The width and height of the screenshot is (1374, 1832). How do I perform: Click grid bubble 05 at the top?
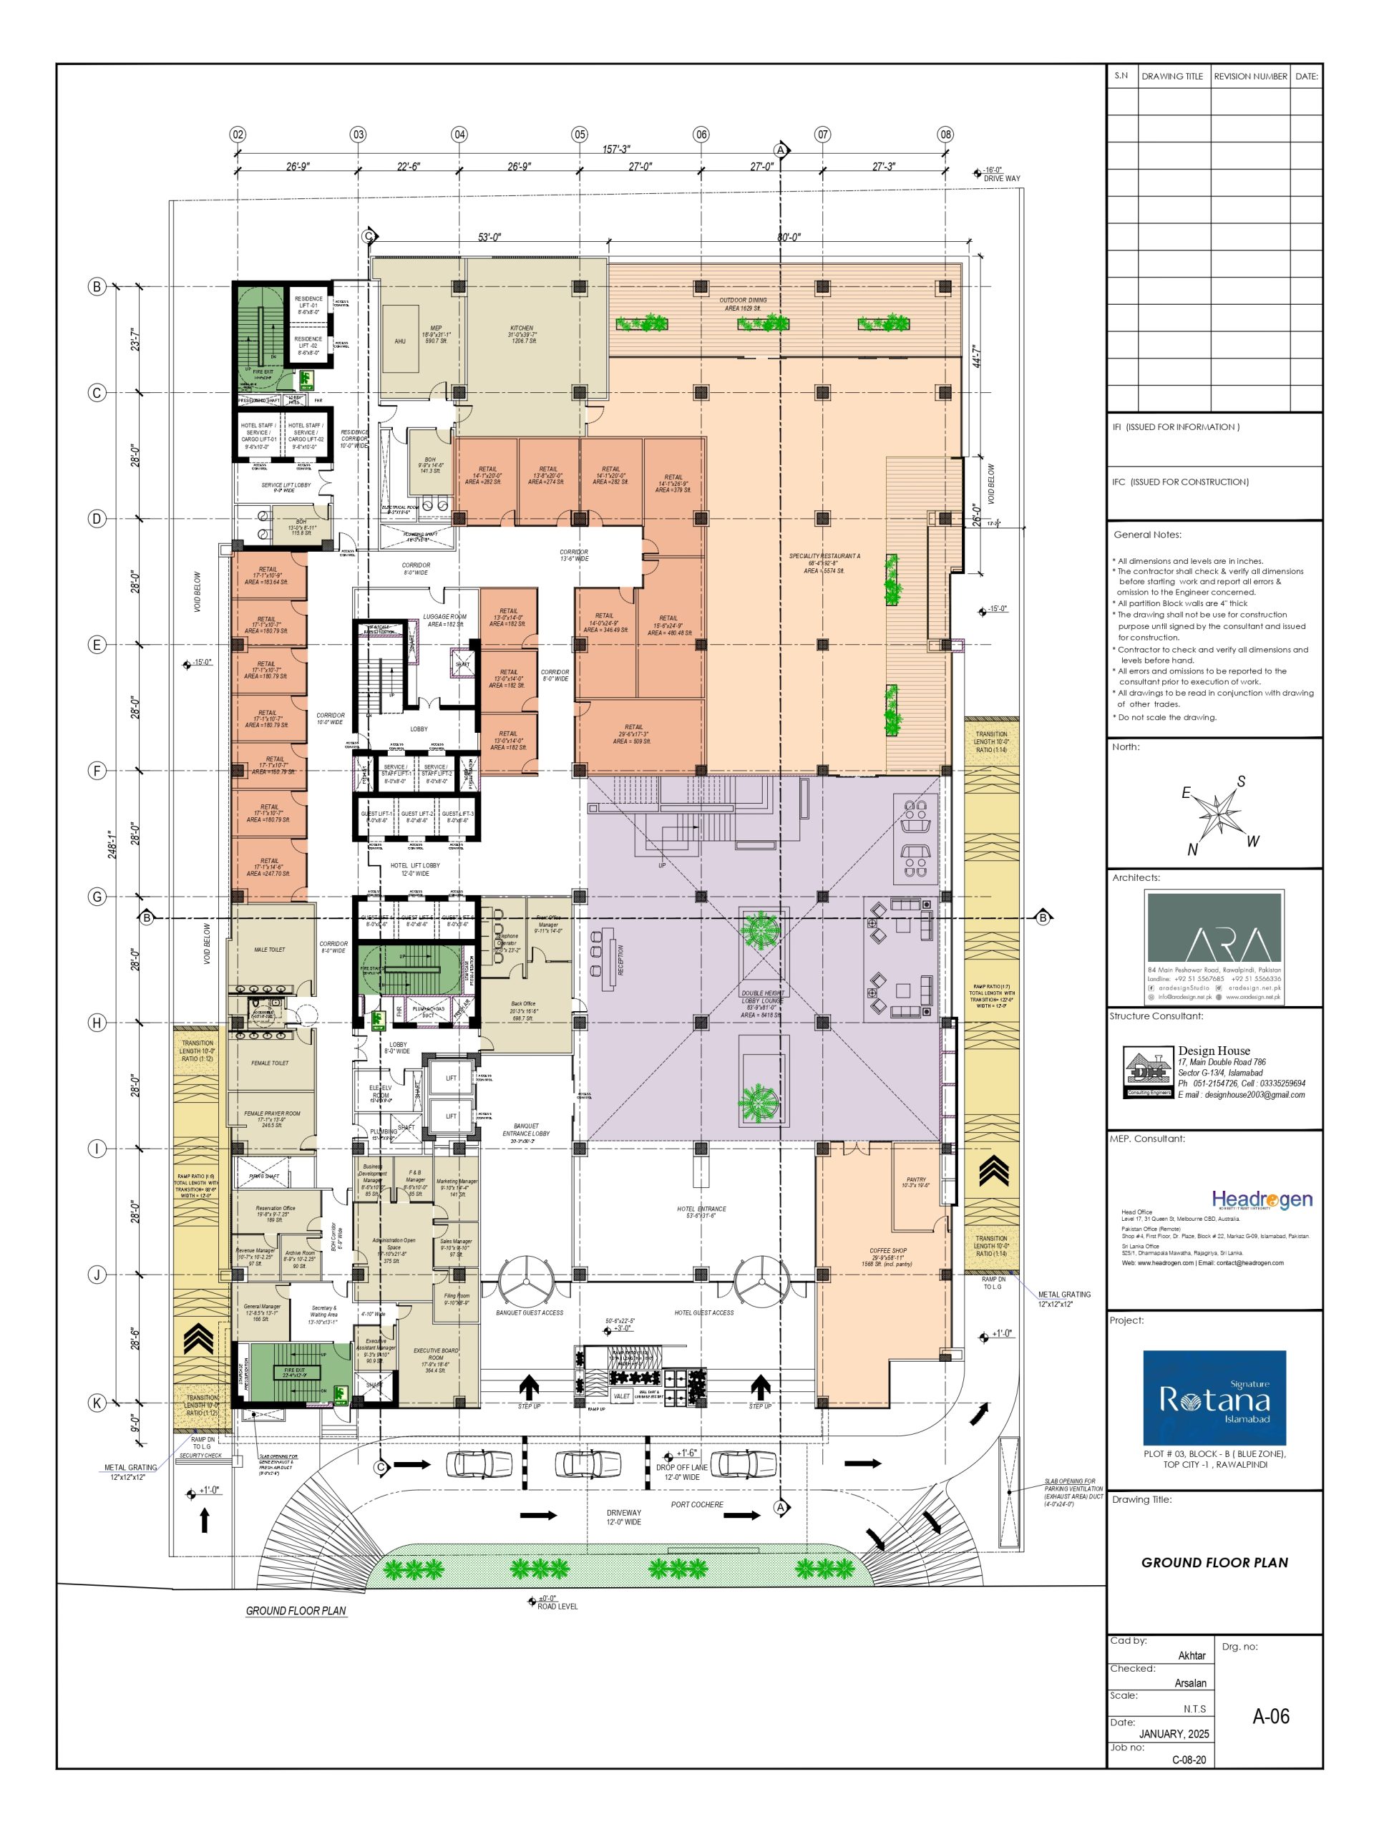(579, 134)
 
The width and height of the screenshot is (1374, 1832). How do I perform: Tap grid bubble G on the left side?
(97, 896)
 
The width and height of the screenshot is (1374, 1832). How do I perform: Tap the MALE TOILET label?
(269, 949)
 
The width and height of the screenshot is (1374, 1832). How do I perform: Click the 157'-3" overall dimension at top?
(615, 149)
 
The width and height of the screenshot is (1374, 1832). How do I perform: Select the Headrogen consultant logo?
(1262, 1199)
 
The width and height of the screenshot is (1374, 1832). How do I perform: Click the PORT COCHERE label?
(696, 1504)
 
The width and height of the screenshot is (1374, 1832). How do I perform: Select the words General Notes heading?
(1147, 534)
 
